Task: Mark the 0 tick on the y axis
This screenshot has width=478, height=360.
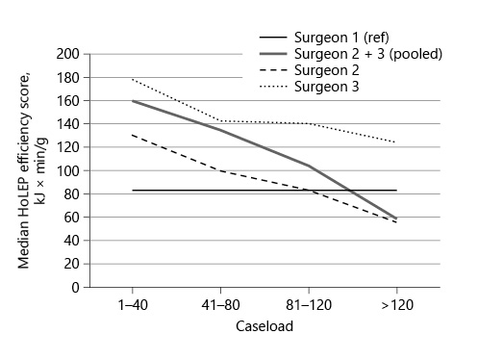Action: pyautogui.click(x=73, y=287)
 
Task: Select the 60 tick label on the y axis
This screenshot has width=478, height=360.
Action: pyautogui.click(x=69, y=218)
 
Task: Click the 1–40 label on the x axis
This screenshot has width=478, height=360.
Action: pyautogui.click(x=132, y=304)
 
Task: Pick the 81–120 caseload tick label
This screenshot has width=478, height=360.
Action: pyautogui.click(x=308, y=304)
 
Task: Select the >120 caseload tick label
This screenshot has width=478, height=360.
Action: pyautogui.click(x=396, y=304)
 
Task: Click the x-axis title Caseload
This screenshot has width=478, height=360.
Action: pyautogui.click(x=264, y=326)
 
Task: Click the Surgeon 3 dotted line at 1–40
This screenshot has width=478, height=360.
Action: pyautogui.click(x=132, y=80)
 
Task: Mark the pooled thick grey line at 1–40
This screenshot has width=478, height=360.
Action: pyautogui.click(x=132, y=101)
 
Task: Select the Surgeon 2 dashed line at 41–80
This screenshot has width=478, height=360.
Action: pyautogui.click(x=220, y=170)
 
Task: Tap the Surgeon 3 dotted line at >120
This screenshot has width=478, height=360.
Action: pyautogui.click(x=396, y=142)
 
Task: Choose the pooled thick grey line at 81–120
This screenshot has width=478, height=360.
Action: pyautogui.click(x=308, y=166)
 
